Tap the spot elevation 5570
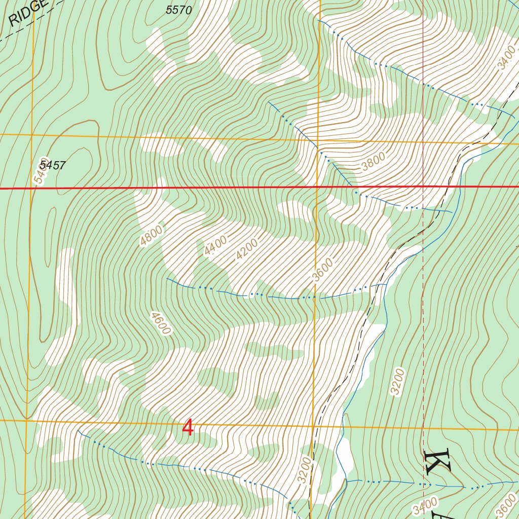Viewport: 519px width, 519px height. (x=179, y=10)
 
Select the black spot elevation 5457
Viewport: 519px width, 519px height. (x=53, y=165)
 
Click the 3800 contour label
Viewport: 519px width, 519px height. (x=374, y=161)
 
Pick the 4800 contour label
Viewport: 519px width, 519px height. (x=152, y=236)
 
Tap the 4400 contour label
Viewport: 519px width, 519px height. (x=216, y=246)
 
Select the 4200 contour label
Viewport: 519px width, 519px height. (x=247, y=249)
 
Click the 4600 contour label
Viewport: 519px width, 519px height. (x=160, y=323)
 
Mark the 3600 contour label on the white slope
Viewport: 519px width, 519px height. (x=323, y=270)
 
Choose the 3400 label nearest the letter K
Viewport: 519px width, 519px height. (x=425, y=505)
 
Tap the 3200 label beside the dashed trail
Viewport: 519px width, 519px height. (x=305, y=470)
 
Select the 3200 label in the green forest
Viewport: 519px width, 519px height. (x=398, y=382)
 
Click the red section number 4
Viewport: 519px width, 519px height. (x=188, y=428)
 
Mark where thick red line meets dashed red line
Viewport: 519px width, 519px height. (x=423, y=187)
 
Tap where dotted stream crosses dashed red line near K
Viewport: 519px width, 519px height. (x=423, y=484)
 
